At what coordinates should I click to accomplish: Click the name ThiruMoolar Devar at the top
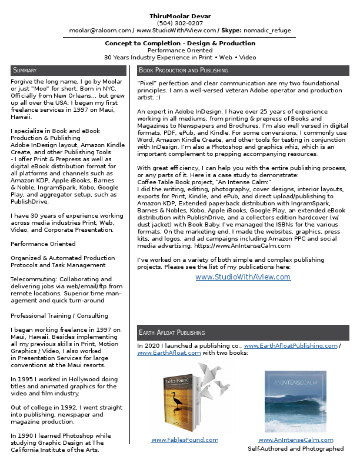pos(180,16)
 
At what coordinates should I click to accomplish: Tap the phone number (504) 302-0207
pos(180,23)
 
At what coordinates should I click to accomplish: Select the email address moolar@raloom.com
pos(100,31)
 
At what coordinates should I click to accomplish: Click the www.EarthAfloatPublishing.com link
pos(291,346)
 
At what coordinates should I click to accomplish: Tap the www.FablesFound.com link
pos(185,440)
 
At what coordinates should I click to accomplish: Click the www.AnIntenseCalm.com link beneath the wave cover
pos(295,440)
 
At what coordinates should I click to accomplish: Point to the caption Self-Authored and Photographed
pos(295,448)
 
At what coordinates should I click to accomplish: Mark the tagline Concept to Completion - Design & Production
pos(180,44)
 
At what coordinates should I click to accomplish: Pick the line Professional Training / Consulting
pos(59,315)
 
